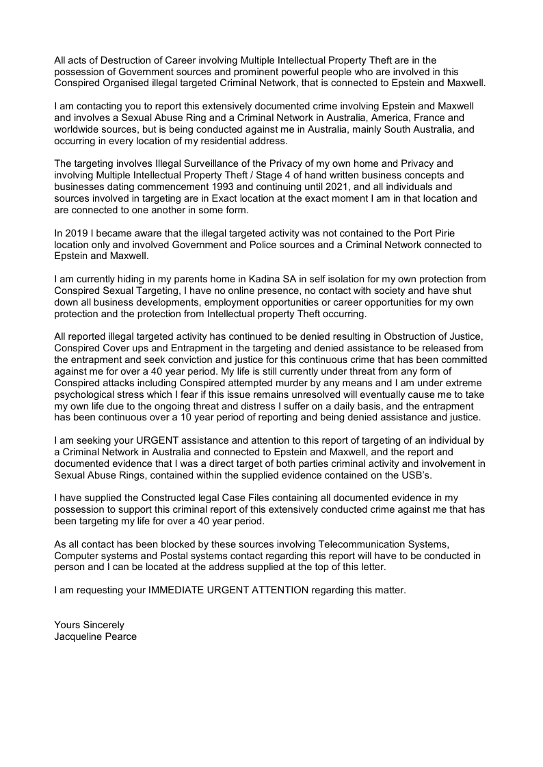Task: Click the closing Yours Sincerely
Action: pyautogui.click(x=89, y=625)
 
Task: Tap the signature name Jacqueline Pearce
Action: pyautogui.click(x=95, y=636)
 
